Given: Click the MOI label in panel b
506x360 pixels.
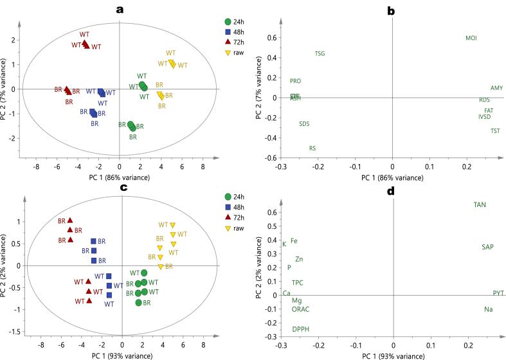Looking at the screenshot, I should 471,39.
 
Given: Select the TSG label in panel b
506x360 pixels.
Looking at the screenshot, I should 320,54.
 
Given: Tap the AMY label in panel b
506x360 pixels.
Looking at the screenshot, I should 496,88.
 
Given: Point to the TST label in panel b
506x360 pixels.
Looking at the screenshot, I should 495,131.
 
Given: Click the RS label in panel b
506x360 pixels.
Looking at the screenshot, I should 312,148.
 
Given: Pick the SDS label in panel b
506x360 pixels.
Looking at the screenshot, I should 304,123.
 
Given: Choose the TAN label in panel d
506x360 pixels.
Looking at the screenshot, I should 480,205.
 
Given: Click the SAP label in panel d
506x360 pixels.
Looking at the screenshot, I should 488,247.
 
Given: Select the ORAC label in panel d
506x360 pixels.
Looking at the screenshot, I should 300,309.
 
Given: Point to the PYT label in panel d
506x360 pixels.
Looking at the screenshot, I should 498,293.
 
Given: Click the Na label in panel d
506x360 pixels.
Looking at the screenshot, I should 489,309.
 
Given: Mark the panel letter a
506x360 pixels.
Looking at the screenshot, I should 119,9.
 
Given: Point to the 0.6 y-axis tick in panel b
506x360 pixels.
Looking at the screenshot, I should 273,37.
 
